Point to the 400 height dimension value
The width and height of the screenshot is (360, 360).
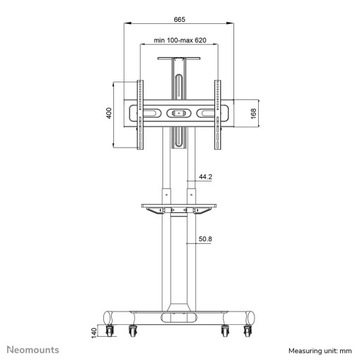[x=107, y=113]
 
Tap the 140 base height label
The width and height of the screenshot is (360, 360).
[x=95, y=330]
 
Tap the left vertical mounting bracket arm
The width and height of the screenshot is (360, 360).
[x=138, y=113]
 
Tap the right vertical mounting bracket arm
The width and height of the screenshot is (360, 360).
[x=217, y=113]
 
